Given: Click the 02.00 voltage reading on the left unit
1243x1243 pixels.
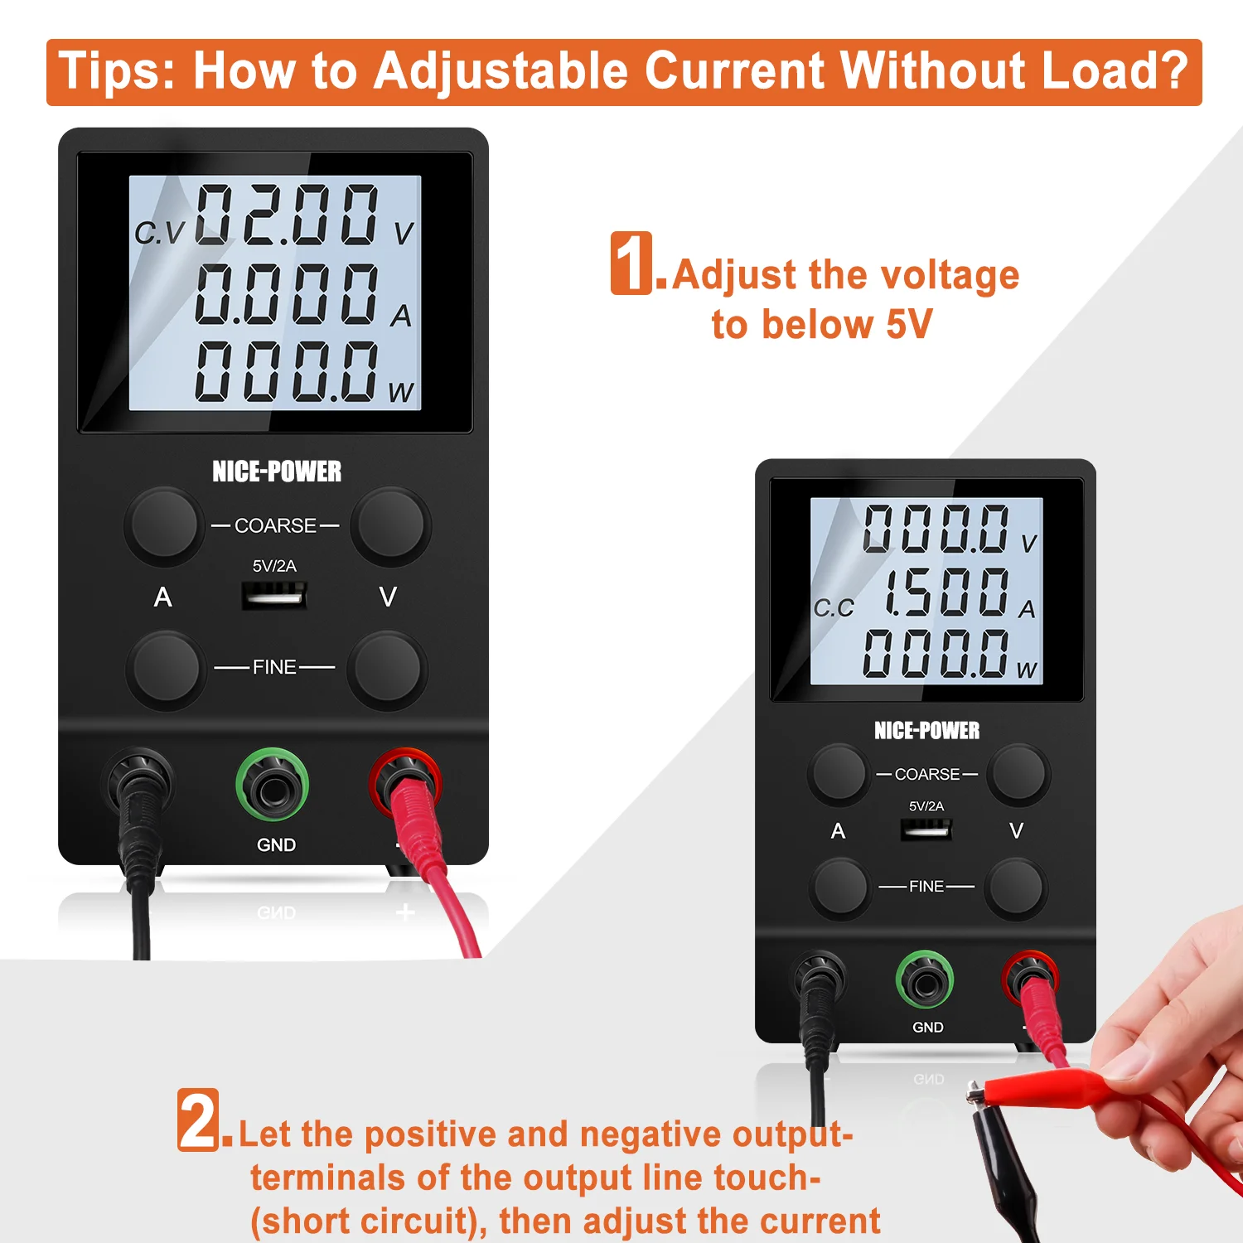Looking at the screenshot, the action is [x=287, y=215].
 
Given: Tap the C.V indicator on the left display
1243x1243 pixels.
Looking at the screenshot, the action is [x=160, y=233].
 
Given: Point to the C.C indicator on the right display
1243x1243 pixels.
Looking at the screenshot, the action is [x=834, y=608].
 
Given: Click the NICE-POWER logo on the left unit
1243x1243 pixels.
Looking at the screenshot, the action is [x=277, y=472].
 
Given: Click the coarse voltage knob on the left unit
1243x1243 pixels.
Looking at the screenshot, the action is [x=389, y=524].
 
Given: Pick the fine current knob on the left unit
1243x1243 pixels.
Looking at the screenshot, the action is [x=166, y=668].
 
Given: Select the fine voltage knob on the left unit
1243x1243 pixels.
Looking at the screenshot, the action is [x=387, y=668].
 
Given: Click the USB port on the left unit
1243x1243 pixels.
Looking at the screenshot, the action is [x=274, y=595].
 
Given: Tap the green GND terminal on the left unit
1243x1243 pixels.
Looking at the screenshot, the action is [x=272, y=785].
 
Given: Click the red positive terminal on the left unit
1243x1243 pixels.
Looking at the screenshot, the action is [x=404, y=781].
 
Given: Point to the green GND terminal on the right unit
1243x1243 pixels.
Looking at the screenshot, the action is [x=925, y=980].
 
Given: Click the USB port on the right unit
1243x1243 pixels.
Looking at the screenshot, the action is [x=926, y=829].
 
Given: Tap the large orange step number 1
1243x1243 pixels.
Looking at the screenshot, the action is [x=632, y=263].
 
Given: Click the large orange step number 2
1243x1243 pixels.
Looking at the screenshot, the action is [x=199, y=1120].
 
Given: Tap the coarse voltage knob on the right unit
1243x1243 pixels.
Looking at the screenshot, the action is [x=1018, y=773].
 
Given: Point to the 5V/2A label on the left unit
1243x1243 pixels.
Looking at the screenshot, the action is [x=274, y=566].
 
